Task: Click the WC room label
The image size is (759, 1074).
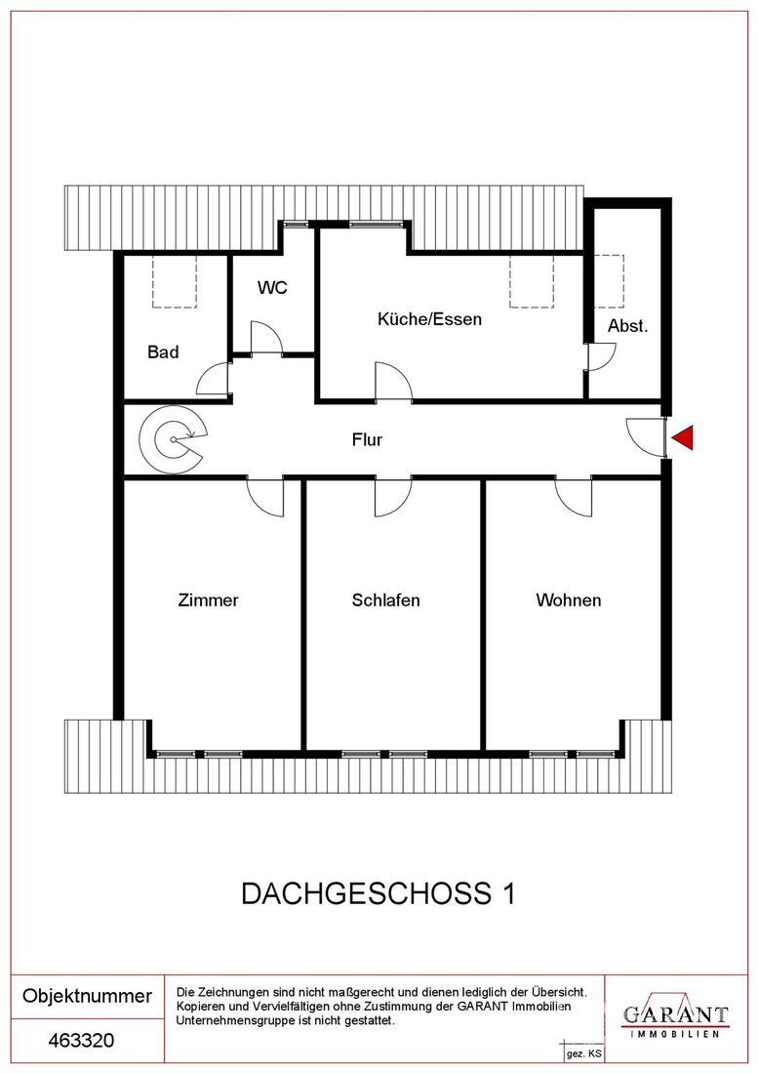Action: click(x=272, y=288)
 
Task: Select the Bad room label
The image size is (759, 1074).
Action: click(x=163, y=352)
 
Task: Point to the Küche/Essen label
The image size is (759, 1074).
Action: click(x=430, y=319)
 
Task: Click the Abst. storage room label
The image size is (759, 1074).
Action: click(x=627, y=326)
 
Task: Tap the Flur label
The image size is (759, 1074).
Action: click(x=367, y=439)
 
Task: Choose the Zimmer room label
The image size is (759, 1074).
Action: click(x=208, y=600)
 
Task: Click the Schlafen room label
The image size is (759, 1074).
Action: click(x=386, y=600)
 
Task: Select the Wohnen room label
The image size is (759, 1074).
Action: click(x=569, y=600)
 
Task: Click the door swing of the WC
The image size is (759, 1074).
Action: click(x=267, y=338)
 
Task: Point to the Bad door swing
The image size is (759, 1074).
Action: click(x=215, y=378)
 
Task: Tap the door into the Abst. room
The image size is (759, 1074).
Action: click(x=602, y=356)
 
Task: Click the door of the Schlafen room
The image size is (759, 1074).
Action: click(x=393, y=498)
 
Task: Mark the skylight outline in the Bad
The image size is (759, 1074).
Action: click(x=175, y=282)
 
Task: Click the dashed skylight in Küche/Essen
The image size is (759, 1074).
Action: click(x=531, y=282)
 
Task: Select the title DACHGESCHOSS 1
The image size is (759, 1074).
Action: click(x=379, y=893)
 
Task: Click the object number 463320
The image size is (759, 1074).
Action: click(x=81, y=1041)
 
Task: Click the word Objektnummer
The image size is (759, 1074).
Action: click(x=88, y=996)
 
